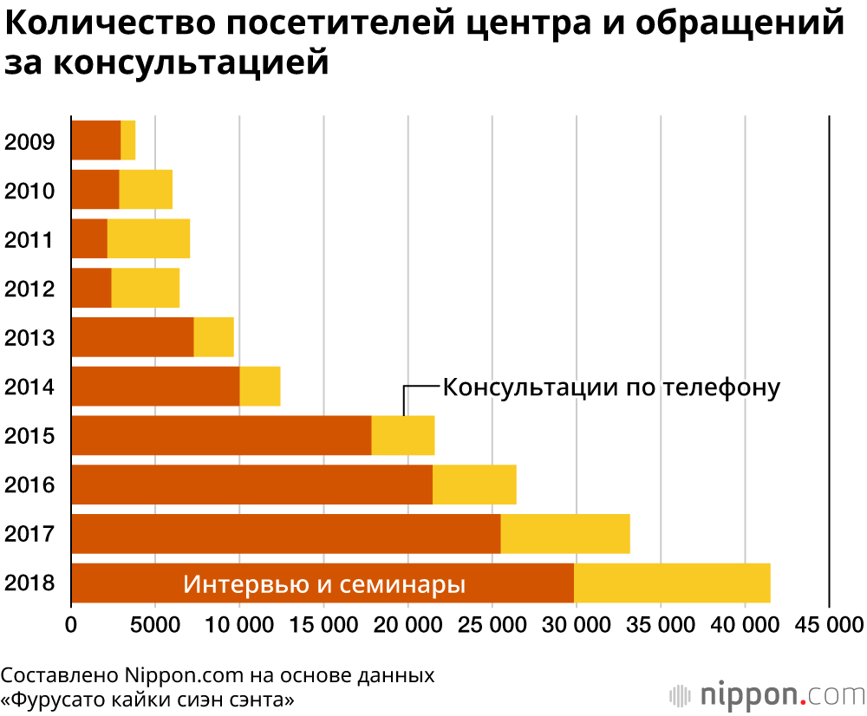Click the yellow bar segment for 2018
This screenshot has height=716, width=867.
coord(672,583)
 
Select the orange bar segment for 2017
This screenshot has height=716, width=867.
coord(286,534)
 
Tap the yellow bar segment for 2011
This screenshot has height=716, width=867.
coord(148,239)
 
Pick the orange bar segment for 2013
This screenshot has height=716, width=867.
coord(133,337)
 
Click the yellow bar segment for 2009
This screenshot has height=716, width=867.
coord(128,140)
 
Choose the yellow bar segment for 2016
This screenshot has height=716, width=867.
coord(474,485)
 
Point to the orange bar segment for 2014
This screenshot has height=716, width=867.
coord(155,387)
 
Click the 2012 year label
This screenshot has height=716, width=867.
coord(30,289)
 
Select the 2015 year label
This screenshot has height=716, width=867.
coord(30,436)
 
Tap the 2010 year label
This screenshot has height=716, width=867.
coord(30,191)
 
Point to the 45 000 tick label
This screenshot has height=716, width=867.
coord(830,624)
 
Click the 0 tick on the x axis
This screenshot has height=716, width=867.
coord(72,624)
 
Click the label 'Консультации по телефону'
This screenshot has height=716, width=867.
coord(611,387)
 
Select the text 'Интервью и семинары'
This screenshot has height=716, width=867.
coord(324,584)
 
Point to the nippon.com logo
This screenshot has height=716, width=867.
coord(767,694)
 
